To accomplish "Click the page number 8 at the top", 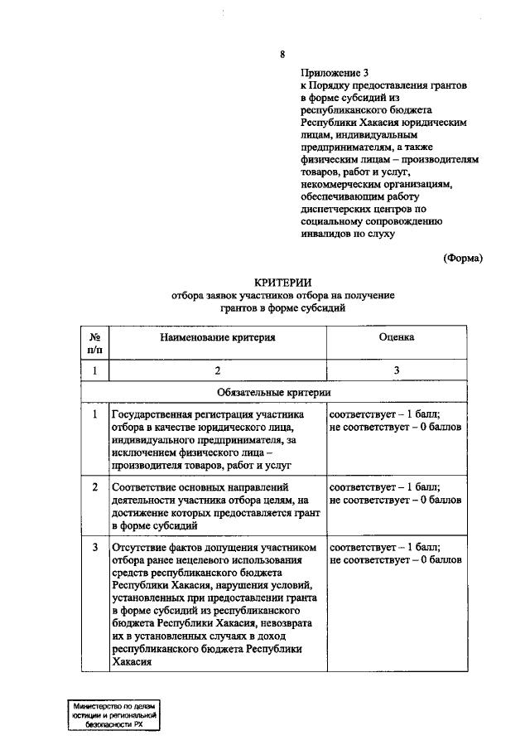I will pyautogui.click(x=282, y=55).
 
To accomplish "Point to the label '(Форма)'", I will pyautogui.click(x=462, y=257).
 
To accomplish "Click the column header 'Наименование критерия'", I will pyautogui.click(x=217, y=337).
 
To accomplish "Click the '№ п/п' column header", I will pyautogui.click(x=94, y=344).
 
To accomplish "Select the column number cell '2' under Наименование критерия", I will pyautogui.click(x=217, y=370).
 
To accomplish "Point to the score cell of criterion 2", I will pyautogui.click(x=395, y=494).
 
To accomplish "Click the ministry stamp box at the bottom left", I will pyautogui.click(x=113, y=713).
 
